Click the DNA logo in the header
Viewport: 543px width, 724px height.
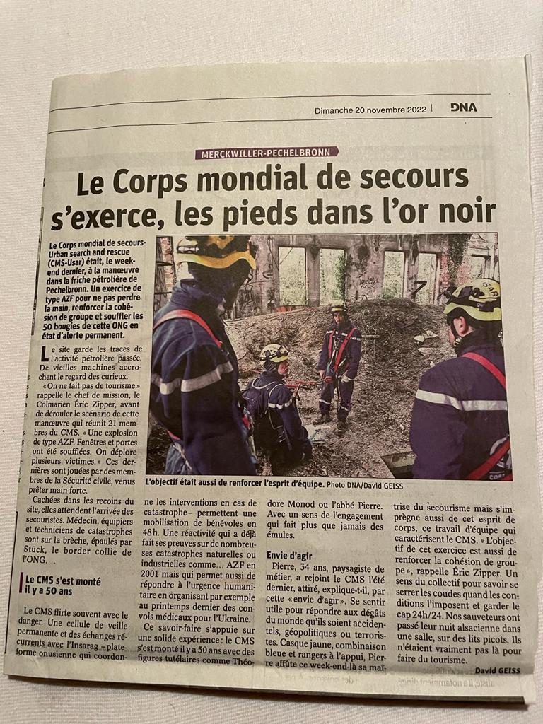(463, 107)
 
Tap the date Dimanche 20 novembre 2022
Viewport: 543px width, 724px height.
(370, 110)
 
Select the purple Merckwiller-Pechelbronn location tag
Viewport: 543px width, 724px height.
(267, 153)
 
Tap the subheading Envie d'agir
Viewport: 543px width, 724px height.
(289, 556)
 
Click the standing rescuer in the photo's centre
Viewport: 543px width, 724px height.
(339, 364)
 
